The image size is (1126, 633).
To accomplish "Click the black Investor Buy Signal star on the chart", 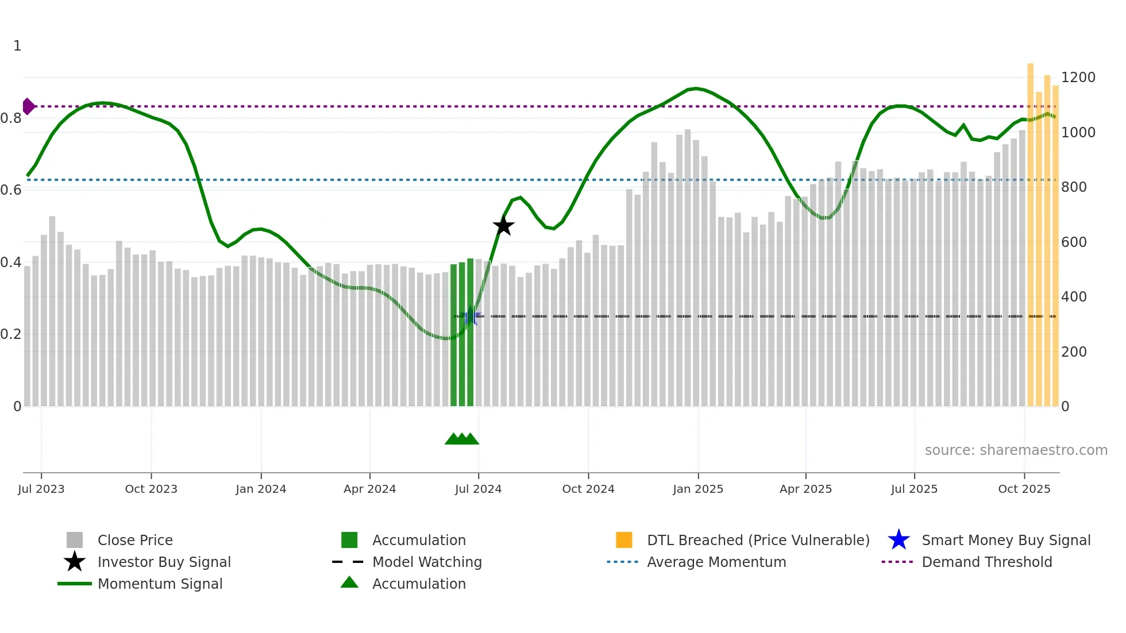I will click(503, 226).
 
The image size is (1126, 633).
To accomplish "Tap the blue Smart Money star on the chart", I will click(471, 316).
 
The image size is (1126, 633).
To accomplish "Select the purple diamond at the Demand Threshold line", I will click(28, 106).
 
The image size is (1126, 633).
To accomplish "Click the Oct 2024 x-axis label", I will click(588, 489).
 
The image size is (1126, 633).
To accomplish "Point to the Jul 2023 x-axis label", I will click(41, 489).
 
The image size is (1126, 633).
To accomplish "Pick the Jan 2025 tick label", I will click(697, 489).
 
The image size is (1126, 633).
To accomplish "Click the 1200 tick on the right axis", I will click(1078, 78).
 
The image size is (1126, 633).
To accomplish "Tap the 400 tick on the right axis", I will click(1074, 297).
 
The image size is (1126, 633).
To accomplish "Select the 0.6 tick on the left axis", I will click(11, 190).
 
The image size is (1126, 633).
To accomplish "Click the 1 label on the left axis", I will click(17, 46).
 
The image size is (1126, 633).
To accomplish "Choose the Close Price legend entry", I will click(135, 540).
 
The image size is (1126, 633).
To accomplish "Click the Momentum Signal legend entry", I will click(160, 584).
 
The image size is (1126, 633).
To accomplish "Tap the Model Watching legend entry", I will click(427, 562).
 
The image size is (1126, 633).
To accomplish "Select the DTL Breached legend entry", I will click(758, 540).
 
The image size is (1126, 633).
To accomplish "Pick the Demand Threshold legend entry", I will click(986, 562).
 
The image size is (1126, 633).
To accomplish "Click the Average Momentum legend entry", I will click(716, 562).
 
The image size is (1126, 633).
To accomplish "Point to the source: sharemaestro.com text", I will click(1016, 450).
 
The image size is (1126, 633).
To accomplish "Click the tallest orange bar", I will click(1030, 230).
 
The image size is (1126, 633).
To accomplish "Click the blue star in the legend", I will click(899, 540).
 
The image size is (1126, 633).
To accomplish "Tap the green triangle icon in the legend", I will click(349, 583).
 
